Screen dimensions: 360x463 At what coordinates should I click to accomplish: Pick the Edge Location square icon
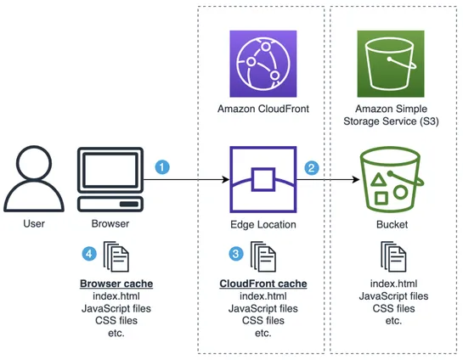[263, 180]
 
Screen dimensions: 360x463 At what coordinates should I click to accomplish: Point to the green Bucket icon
[392, 180]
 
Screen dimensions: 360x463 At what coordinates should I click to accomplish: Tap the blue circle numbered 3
[236, 253]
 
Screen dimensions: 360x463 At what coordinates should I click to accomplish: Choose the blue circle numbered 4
[88, 253]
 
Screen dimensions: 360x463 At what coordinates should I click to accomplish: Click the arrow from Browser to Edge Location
[191, 180]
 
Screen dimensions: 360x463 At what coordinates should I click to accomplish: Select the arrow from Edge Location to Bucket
[327, 180]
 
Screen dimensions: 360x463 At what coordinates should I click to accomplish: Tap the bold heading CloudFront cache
[263, 283]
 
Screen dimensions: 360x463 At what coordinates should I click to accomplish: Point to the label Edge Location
[263, 225]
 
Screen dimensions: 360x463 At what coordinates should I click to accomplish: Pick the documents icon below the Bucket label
[392, 255]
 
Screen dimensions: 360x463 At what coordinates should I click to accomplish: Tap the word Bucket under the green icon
[392, 225]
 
